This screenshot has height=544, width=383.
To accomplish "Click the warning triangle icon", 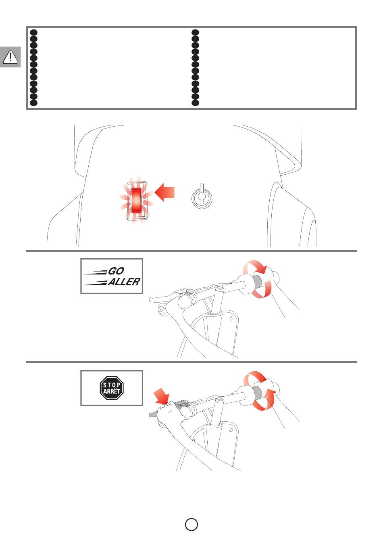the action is click(x=10, y=57).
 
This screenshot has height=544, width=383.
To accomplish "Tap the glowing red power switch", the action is click(x=136, y=200).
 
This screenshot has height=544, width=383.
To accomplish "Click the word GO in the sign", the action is click(x=117, y=271).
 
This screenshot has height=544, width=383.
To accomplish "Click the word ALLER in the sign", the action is click(x=124, y=282).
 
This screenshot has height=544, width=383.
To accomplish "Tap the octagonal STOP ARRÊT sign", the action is click(x=112, y=388).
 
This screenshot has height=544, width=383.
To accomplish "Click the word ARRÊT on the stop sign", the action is click(x=112, y=391).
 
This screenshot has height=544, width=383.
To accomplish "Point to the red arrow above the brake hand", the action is click(x=162, y=396).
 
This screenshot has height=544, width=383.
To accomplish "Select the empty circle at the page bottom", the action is click(x=191, y=525).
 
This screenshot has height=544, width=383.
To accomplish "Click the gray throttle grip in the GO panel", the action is click(x=257, y=281).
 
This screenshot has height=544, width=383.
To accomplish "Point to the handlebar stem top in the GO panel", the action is click(x=220, y=289).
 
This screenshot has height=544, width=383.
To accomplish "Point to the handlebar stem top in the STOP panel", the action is click(x=220, y=400).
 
